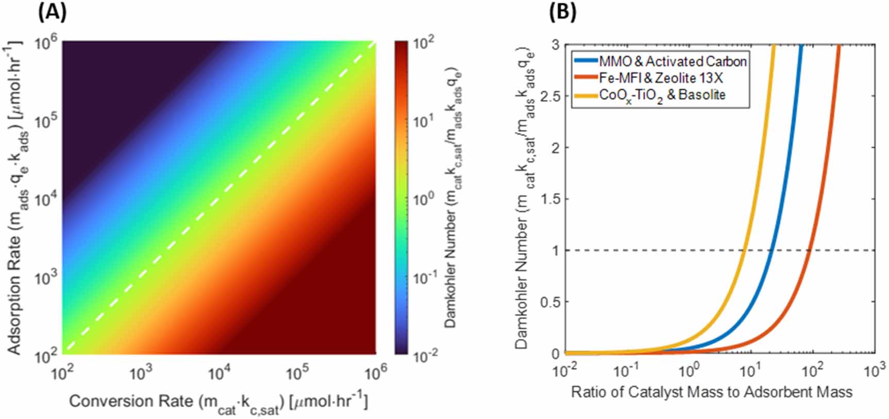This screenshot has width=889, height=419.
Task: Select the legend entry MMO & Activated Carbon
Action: click(x=673, y=62)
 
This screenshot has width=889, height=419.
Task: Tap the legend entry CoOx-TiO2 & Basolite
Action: click(x=662, y=95)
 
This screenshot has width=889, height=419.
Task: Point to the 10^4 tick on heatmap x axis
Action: click(x=219, y=372)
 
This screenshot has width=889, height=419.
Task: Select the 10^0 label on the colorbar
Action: click(x=426, y=198)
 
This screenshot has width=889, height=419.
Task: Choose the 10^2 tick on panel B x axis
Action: click(x=813, y=370)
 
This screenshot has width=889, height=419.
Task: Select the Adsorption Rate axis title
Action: click(x=18, y=198)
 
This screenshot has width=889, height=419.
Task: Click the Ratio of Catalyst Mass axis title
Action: click(x=711, y=392)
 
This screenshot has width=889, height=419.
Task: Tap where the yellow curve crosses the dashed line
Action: click(x=744, y=250)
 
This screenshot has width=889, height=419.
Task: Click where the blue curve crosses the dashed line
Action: click(x=772, y=250)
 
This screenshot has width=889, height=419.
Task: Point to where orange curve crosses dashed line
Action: click(x=810, y=250)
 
